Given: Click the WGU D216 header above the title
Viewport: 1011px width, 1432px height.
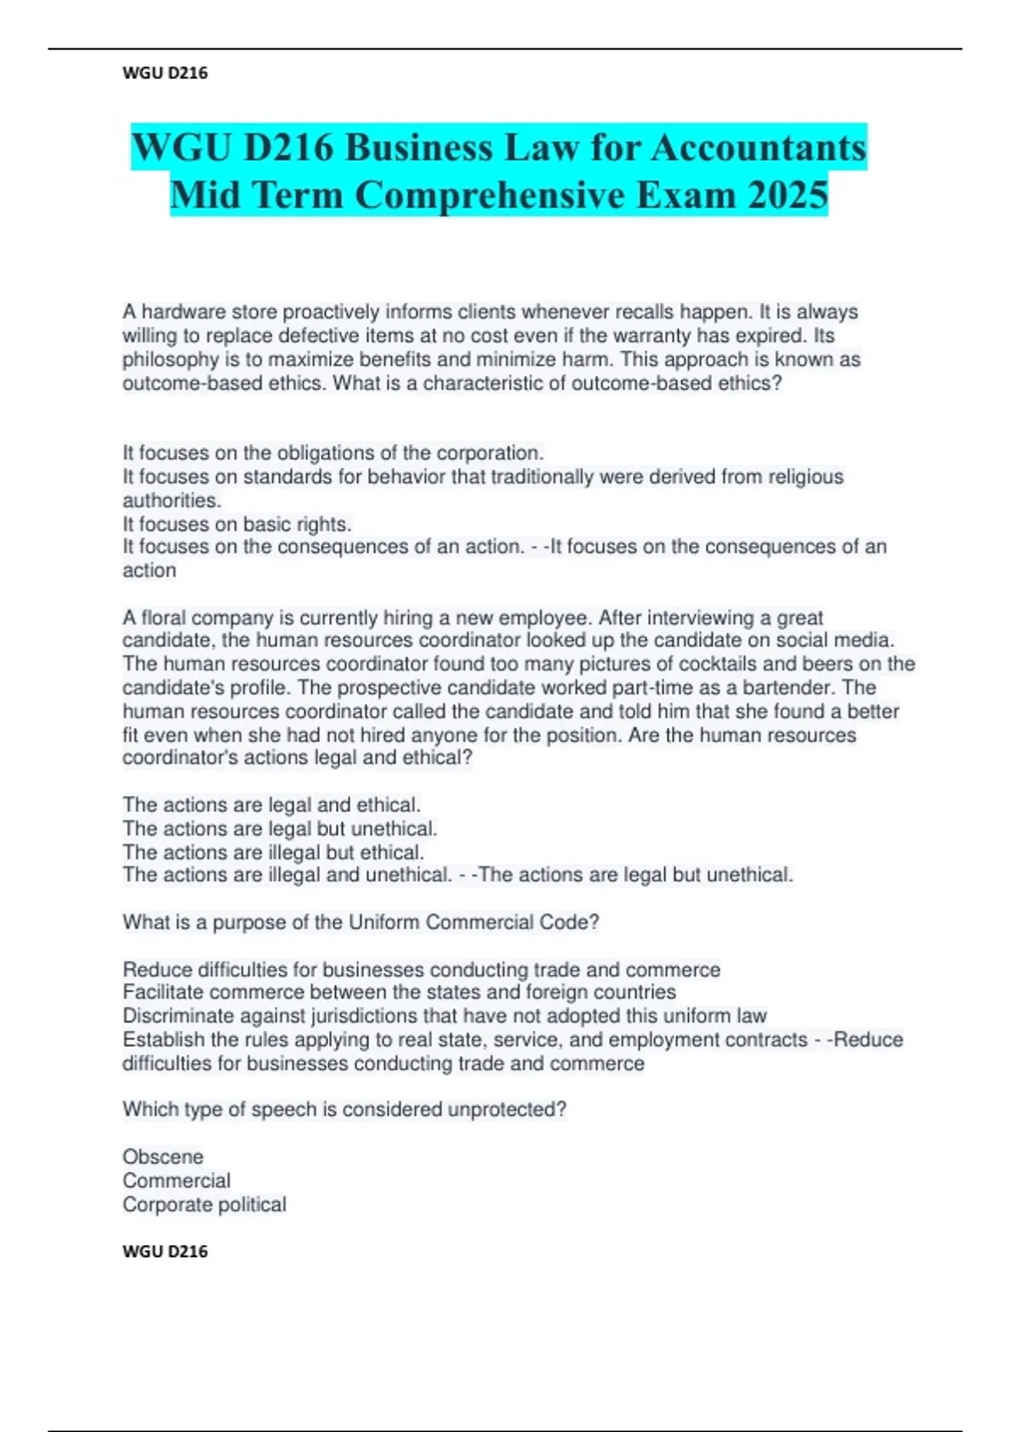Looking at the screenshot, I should pyautogui.click(x=165, y=73).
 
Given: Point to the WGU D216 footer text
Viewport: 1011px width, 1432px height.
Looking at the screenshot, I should pyautogui.click(x=165, y=1252).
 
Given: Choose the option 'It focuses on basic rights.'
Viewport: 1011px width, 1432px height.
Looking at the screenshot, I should pyautogui.click(x=237, y=524).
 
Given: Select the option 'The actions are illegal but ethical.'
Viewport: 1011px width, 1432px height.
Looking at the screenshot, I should pyautogui.click(x=273, y=852).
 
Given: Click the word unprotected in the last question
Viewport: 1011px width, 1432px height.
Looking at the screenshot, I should pyautogui.click(x=506, y=1110).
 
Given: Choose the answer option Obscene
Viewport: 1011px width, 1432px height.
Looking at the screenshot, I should pyautogui.click(x=163, y=1157).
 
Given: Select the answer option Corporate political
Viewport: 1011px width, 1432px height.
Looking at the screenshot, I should pyautogui.click(x=204, y=1205).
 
